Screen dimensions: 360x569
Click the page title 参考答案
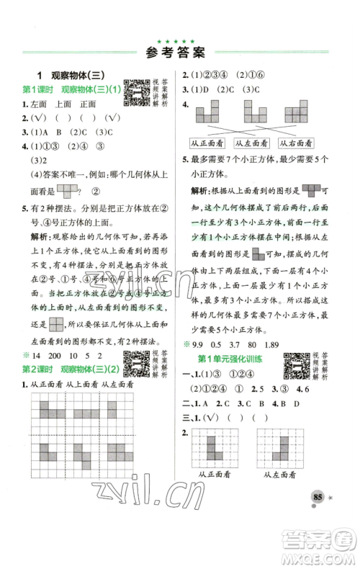pyautogui.click(x=179, y=52)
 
